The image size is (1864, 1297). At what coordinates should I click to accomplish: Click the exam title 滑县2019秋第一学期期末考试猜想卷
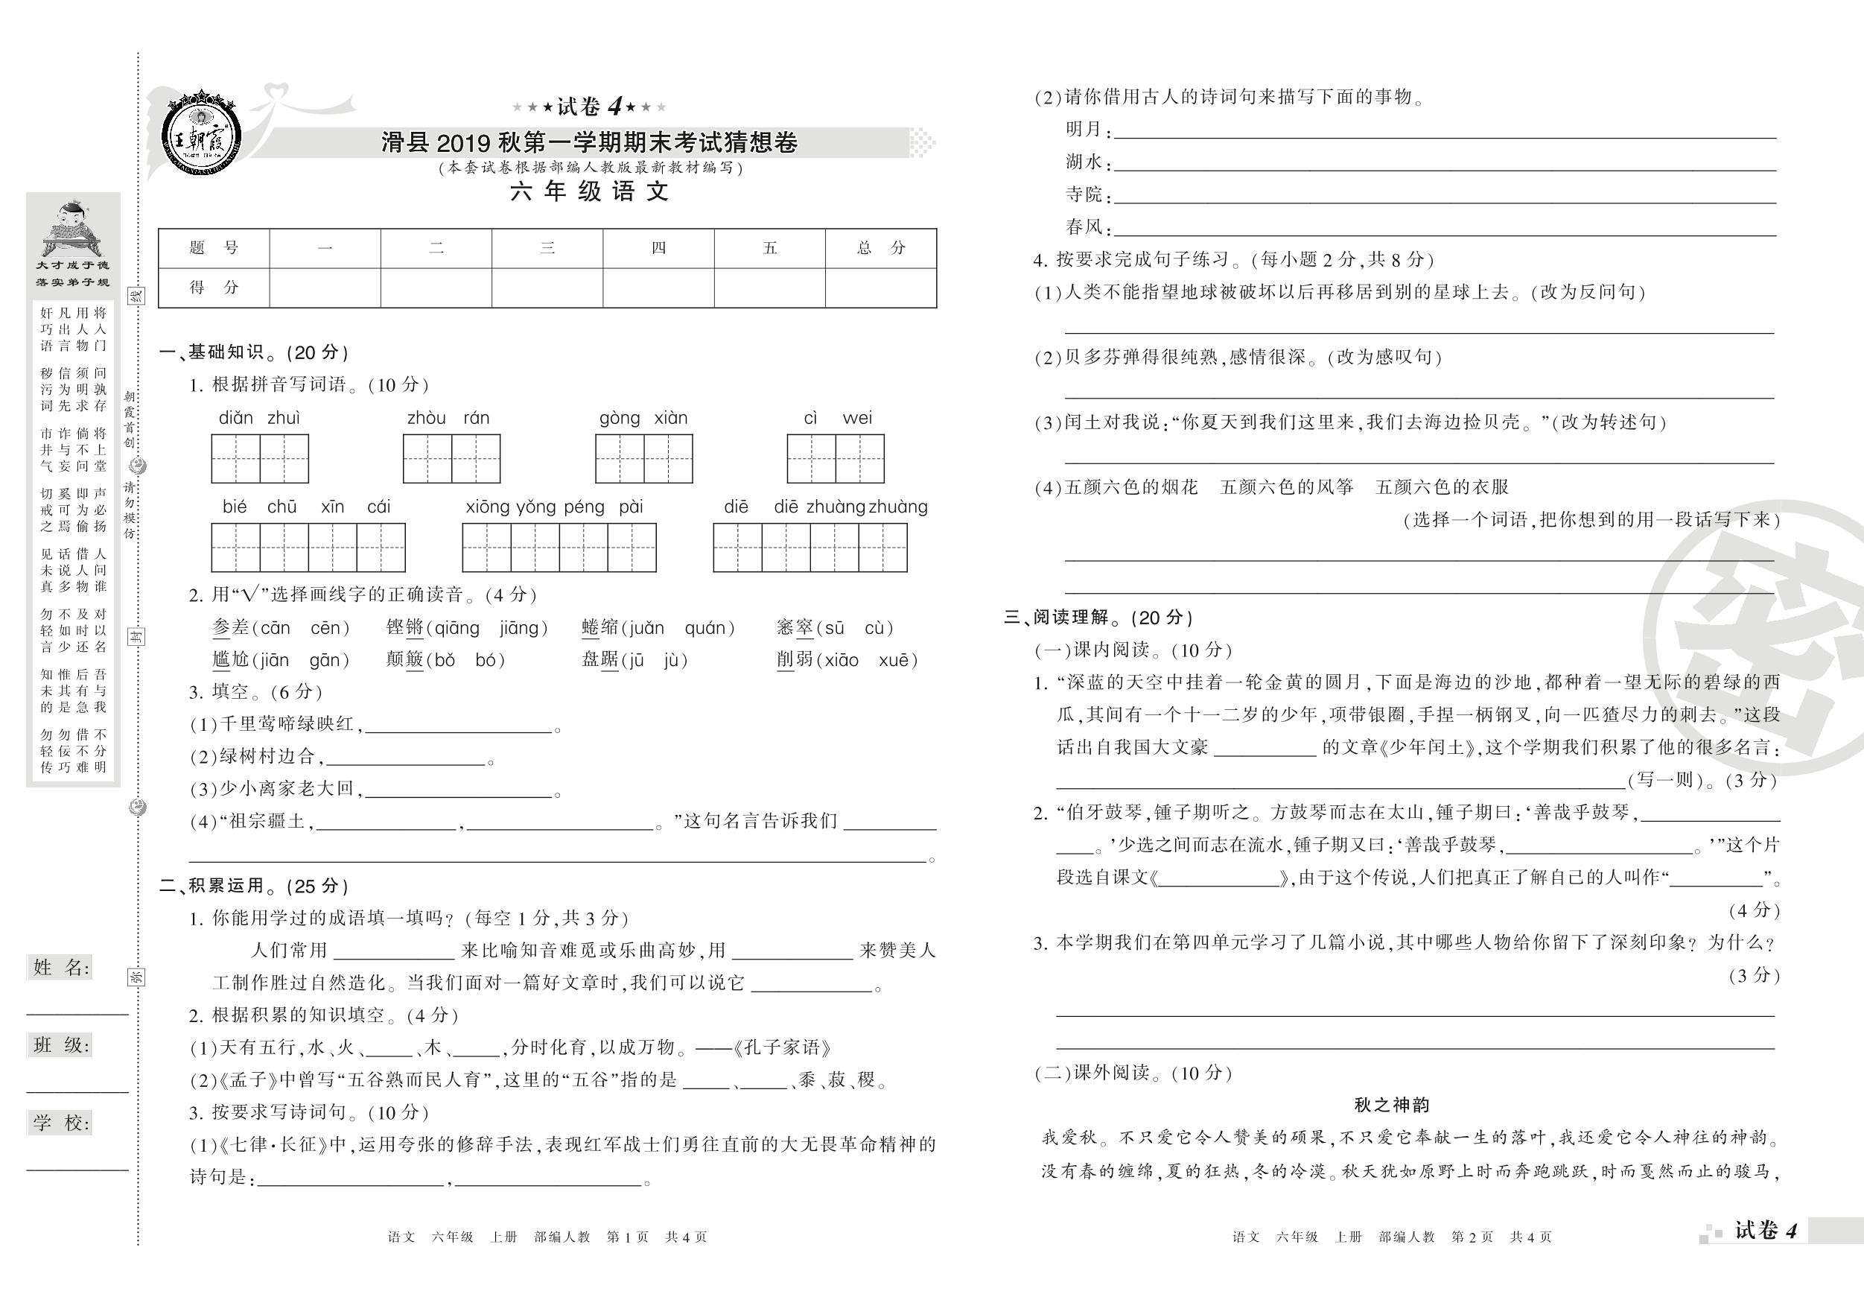589,143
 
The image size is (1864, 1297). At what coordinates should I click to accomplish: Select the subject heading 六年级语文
589,191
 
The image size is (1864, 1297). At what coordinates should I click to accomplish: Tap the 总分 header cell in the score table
880,248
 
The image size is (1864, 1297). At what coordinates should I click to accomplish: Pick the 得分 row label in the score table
214,288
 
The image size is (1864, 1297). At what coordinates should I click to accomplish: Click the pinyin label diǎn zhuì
259,418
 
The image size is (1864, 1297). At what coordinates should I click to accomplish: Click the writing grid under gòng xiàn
643,459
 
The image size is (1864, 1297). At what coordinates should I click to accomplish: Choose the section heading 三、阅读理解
1098,618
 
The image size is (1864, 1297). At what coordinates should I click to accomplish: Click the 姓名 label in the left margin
61,967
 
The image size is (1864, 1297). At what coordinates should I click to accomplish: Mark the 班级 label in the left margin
61,1045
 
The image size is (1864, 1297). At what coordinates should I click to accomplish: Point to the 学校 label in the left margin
61,1123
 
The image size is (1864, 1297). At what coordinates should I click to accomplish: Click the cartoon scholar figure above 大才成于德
71,226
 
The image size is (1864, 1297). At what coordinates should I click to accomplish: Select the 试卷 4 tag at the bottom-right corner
1766,1231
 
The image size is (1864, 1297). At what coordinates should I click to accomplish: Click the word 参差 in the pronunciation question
231,628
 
